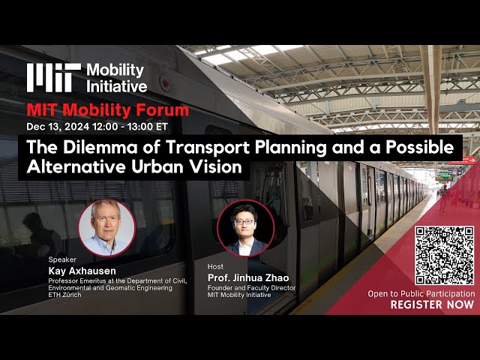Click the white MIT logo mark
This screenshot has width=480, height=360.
tap(54, 78)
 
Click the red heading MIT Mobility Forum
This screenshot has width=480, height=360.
tap(108, 110)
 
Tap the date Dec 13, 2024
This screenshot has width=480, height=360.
tap(58, 127)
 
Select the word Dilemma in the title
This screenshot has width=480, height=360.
tap(100, 147)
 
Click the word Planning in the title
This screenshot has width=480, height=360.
tap(291, 148)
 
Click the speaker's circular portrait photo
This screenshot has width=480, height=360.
tap(106, 228)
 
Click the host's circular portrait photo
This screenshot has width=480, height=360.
tap(245, 228)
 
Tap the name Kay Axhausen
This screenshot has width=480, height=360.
tap(82, 271)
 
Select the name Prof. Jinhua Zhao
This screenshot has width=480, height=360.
tap(248, 277)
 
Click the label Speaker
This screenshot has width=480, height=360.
tap(62, 259)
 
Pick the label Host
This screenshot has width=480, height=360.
tap(215, 267)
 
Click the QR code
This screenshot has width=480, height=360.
tap(444, 256)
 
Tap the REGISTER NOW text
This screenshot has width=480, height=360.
tap(432, 304)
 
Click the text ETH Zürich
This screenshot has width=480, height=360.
tap(65, 295)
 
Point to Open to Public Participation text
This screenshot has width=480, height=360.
tap(421, 294)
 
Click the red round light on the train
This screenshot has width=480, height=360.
tap(165, 83)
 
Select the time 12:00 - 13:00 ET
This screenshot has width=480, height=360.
tap(130, 127)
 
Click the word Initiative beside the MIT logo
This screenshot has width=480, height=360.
tap(117, 86)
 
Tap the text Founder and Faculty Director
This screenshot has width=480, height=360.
tap(252, 288)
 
